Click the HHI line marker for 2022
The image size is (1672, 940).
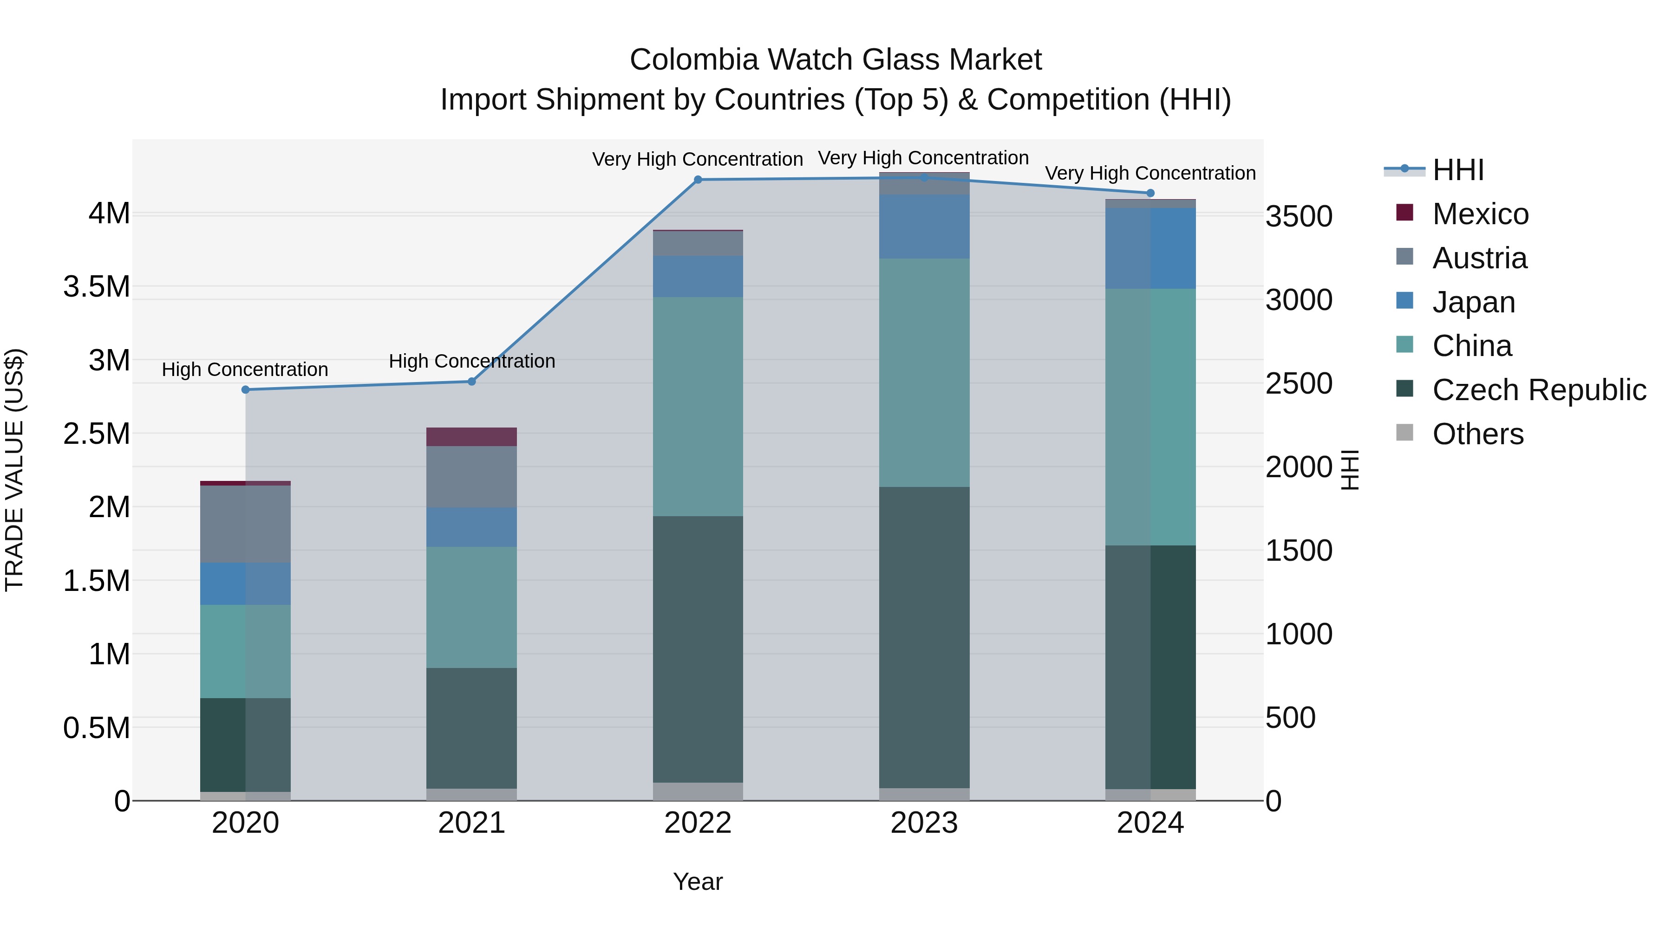pyautogui.click(x=698, y=180)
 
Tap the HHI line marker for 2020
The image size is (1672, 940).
pyautogui.click(x=245, y=390)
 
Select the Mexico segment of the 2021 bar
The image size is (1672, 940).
pyautogui.click(x=471, y=437)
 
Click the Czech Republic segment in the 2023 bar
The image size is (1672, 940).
pyautogui.click(x=924, y=637)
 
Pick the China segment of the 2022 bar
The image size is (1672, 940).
pyautogui.click(x=698, y=407)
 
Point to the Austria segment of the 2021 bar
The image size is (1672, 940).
pyautogui.click(x=471, y=477)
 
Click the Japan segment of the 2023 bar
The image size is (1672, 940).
pyautogui.click(x=924, y=227)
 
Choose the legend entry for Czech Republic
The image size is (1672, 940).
pyautogui.click(x=1538, y=390)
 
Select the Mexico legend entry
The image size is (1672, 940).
pyautogui.click(x=1480, y=214)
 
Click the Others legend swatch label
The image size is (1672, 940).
pyautogui.click(x=1477, y=434)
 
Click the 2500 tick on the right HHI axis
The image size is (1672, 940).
pyautogui.click(x=1299, y=383)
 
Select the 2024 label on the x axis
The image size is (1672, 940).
pyautogui.click(x=1150, y=823)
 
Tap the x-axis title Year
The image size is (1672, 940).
pyautogui.click(x=698, y=882)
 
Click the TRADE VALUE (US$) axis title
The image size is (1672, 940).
pyautogui.click(x=14, y=470)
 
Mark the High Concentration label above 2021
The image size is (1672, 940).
pyautogui.click(x=472, y=361)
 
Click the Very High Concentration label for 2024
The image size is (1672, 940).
pyautogui.click(x=1150, y=173)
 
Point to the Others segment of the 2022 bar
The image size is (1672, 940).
pyautogui.click(x=698, y=791)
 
